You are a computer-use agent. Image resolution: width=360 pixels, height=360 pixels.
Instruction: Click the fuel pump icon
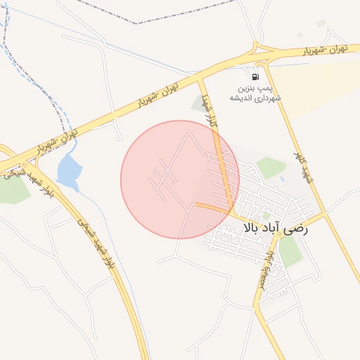pyautogui.click(x=255, y=77)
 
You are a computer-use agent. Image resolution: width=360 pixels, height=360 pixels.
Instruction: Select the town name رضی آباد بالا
pyautogui.click(x=279, y=228)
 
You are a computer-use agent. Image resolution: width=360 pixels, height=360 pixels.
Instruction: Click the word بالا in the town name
pyautogui.click(x=254, y=228)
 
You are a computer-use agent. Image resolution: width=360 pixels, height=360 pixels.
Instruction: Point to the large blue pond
pyautogui.click(x=68, y=172)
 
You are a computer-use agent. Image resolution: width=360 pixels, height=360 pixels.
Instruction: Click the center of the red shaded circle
pyautogui.click(x=180, y=179)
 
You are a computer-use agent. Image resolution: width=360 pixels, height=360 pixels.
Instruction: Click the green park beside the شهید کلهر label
pyautogui.click(x=271, y=168)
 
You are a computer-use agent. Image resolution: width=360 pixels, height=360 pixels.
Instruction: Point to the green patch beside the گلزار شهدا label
pyautogui.click(x=198, y=105)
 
